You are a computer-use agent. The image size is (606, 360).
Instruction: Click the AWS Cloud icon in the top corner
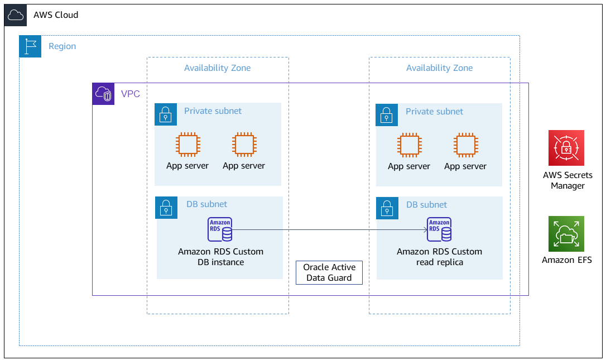pyautogui.click(x=15, y=15)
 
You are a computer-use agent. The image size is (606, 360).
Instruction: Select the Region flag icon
pyautogui.click(x=30, y=46)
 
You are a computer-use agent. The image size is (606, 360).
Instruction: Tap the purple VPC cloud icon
pyautogui.click(x=103, y=94)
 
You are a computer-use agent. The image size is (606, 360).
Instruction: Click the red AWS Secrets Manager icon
pyautogui.click(x=566, y=148)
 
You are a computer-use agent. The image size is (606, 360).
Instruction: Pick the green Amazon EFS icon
pyautogui.click(x=566, y=234)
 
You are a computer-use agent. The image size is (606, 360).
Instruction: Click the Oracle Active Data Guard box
pyautogui.click(x=329, y=272)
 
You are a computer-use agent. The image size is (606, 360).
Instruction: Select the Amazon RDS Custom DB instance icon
pyautogui.click(x=220, y=229)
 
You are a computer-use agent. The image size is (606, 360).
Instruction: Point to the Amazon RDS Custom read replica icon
pyautogui.click(x=439, y=229)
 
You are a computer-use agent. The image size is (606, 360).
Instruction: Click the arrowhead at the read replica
pyautogui.click(x=424, y=229)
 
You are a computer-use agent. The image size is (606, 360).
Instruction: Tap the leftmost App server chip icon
pyautogui.click(x=187, y=145)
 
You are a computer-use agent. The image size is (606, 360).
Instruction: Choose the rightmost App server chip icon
pyautogui.click(x=465, y=145)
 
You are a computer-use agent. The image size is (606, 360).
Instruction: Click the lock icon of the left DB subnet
pyautogui.click(x=165, y=207)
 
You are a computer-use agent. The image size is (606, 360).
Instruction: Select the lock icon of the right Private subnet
pyautogui.click(x=387, y=114)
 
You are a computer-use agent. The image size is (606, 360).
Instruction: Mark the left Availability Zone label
pyautogui.click(x=217, y=68)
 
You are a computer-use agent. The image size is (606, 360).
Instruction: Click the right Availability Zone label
pyautogui.click(x=439, y=68)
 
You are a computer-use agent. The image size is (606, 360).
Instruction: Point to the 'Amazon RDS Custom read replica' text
pyautogui.click(x=439, y=257)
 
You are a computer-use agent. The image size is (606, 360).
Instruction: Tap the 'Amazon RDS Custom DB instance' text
pyautogui.click(x=220, y=257)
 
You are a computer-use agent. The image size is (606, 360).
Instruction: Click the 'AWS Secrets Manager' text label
pyautogui.click(x=567, y=180)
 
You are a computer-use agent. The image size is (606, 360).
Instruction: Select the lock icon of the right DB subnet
pyautogui.click(x=387, y=207)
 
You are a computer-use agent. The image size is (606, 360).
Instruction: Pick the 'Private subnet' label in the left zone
pyautogui.click(x=213, y=111)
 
